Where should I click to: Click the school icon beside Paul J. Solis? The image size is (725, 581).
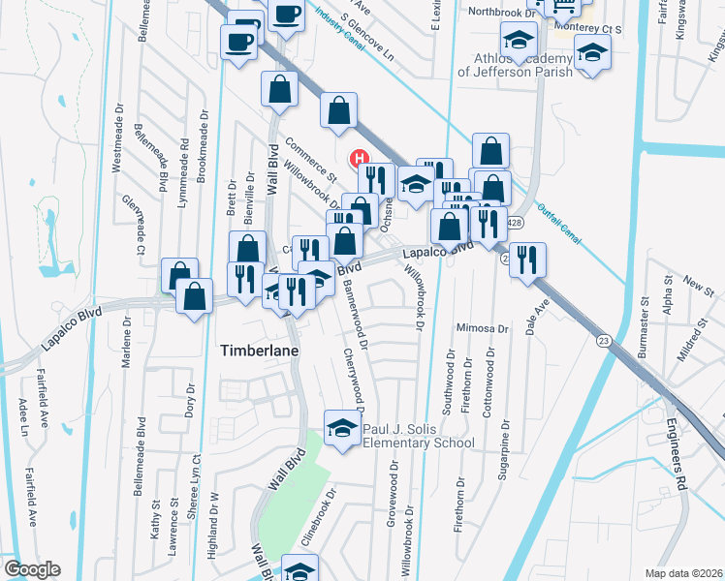pyautogui.click(x=341, y=427)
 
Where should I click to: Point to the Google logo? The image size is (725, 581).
pyautogui.click(x=32, y=569)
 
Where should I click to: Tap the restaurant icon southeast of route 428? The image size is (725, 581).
pyautogui.click(x=527, y=258)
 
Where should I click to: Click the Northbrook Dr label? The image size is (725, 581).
pyautogui.click(x=501, y=12)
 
